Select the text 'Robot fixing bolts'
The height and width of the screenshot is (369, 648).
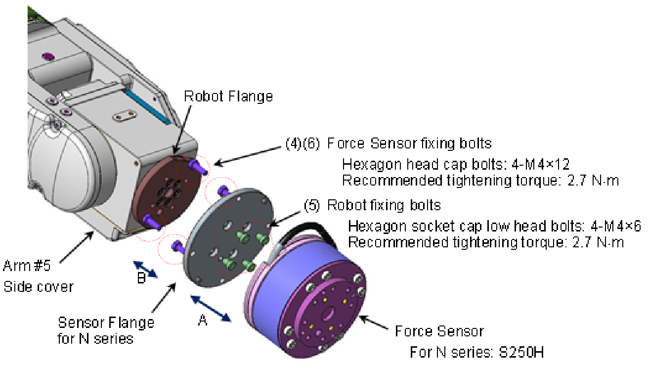coord(384,204)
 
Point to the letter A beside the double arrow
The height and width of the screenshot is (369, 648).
coord(202,321)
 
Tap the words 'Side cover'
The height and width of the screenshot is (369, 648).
coord(38,286)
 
